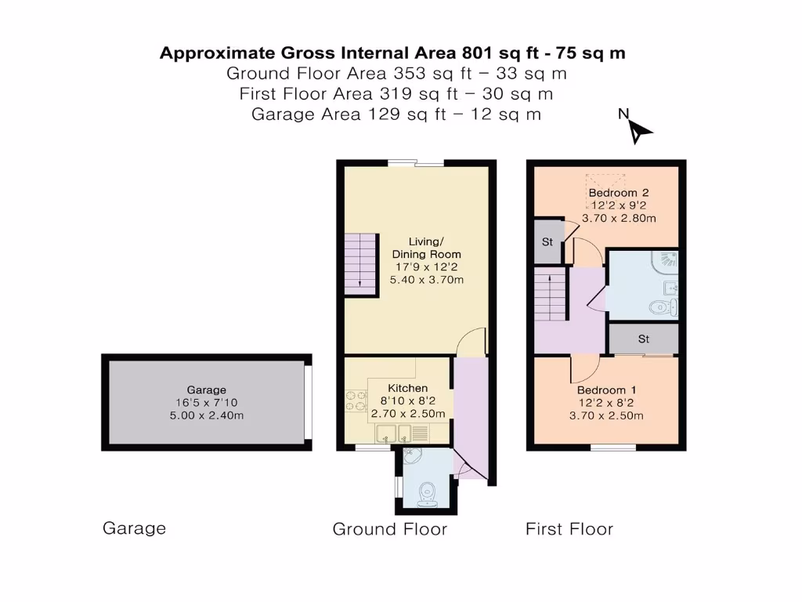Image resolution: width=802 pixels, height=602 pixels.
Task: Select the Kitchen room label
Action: pos(408,388)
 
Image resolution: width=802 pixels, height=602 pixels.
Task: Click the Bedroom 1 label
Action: pos(601,390)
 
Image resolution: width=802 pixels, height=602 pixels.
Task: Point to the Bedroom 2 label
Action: pos(619,193)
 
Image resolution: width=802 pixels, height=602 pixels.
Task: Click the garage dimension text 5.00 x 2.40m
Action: pos(207,415)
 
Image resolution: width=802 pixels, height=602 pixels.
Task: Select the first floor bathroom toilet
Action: pos(664,306)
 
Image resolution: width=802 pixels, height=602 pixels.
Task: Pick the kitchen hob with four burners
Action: pos(357,400)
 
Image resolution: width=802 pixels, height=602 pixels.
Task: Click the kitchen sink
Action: pos(396,433)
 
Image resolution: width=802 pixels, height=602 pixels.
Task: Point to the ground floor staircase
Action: pos(359,264)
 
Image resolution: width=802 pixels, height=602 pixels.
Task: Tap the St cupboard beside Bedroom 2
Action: pos(547,242)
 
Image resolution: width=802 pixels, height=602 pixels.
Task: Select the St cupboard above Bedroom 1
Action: pos(644,339)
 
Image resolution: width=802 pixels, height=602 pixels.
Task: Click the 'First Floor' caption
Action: pos(569,529)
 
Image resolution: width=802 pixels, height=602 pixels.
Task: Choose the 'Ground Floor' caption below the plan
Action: pos(389,529)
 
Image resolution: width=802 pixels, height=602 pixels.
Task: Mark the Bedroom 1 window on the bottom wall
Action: pos(612,448)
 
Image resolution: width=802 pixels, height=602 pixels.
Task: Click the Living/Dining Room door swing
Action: pos(472,342)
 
